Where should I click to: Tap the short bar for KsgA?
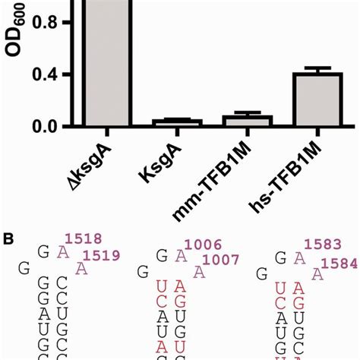pyautogui.click(x=182, y=122)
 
